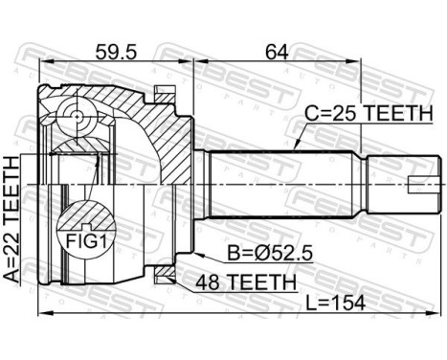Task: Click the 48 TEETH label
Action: tap(247, 281)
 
